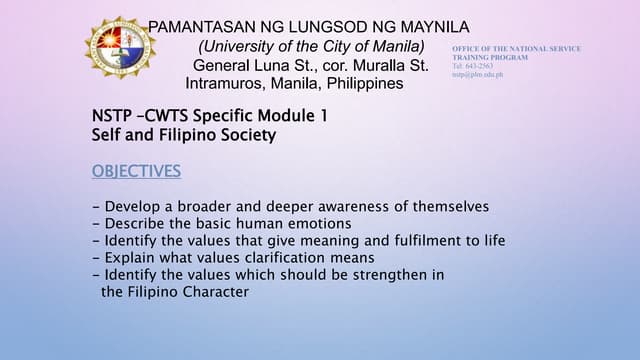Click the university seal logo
pos(119,48)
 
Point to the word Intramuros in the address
pos(222,84)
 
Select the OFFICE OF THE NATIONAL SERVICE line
pos(516,49)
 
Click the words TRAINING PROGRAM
pos(490,58)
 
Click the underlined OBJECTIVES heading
pos(136,171)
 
